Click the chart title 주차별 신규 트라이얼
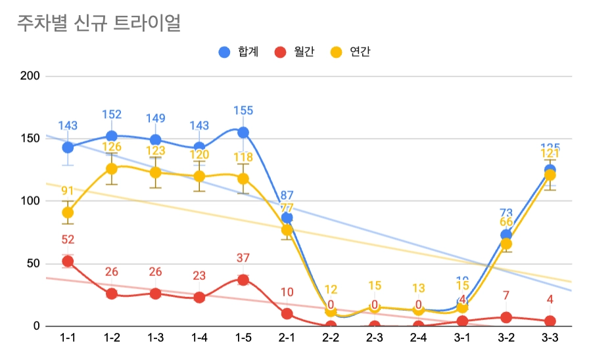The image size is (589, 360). [x=99, y=24]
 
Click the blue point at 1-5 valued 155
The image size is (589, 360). [x=243, y=133]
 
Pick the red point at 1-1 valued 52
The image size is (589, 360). [x=68, y=261]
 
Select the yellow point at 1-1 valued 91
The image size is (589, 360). [x=68, y=212]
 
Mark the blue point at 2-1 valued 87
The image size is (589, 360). [x=287, y=217]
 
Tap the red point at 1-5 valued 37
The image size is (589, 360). [x=243, y=280]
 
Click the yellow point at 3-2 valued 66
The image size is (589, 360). [x=506, y=244]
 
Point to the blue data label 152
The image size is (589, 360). [x=112, y=114]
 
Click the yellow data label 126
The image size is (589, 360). [x=112, y=146]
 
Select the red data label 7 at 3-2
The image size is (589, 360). [x=506, y=296]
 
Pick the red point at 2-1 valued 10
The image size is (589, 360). [x=287, y=313]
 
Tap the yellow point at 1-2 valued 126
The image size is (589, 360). [x=112, y=169]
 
